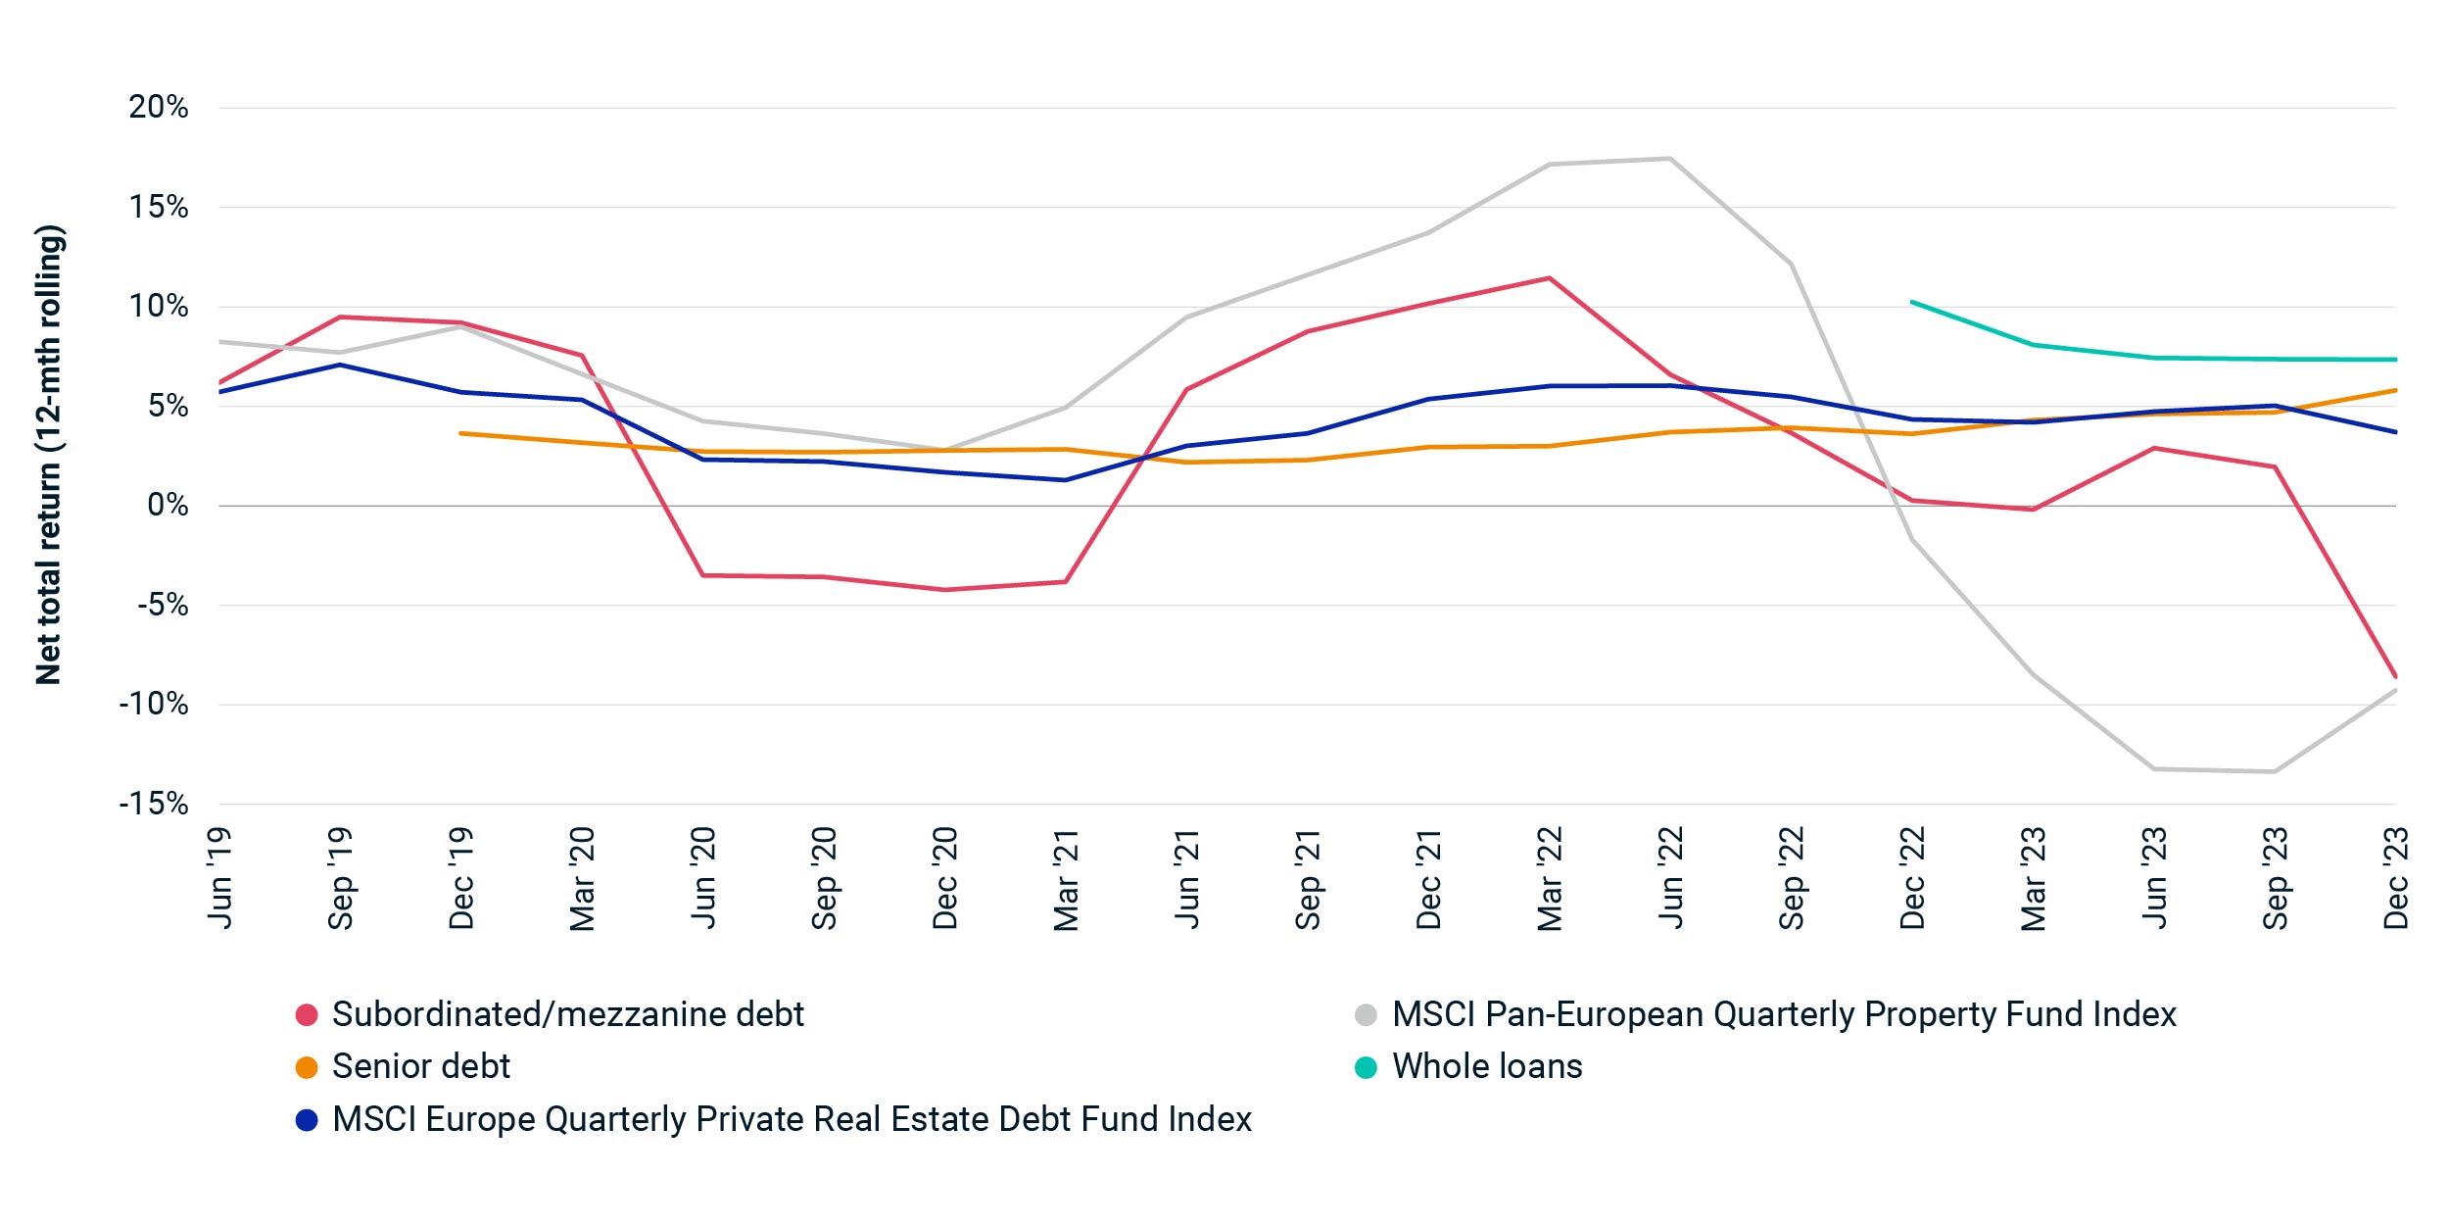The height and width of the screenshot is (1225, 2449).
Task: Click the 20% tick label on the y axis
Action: coord(159,107)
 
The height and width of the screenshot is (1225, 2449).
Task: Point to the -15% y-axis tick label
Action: coord(154,804)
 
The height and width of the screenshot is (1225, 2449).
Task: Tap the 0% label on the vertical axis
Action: coord(168,505)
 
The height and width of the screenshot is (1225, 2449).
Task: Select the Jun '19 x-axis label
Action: coord(219,877)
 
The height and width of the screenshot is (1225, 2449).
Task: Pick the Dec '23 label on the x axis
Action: coord(2395,878)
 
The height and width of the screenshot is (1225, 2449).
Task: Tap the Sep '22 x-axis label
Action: coord(1791,878)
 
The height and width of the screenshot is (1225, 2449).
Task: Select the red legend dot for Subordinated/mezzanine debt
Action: coord(307,1015)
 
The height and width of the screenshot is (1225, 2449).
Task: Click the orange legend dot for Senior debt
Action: coord(307,1067)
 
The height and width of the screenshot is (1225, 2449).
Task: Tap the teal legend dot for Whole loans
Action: coord(1366,1067)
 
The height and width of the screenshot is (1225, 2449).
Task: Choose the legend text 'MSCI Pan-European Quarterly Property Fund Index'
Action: coord(1784,1014)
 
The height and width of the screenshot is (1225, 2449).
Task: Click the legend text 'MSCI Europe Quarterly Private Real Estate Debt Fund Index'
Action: coord(792,1119)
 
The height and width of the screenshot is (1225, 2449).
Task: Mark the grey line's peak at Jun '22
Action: coord(1670,159)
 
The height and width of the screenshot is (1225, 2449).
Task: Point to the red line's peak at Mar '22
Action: coord(1549,278)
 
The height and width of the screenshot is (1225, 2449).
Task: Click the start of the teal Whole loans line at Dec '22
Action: coord(1912,302)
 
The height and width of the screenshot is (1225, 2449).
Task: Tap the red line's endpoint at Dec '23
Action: coord(2395,676)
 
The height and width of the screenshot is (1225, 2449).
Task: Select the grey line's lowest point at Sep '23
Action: coord(2275,771)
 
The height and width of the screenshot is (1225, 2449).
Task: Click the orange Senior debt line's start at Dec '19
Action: coord(461,433)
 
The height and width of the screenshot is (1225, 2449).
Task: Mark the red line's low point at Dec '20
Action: coord(945,590)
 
